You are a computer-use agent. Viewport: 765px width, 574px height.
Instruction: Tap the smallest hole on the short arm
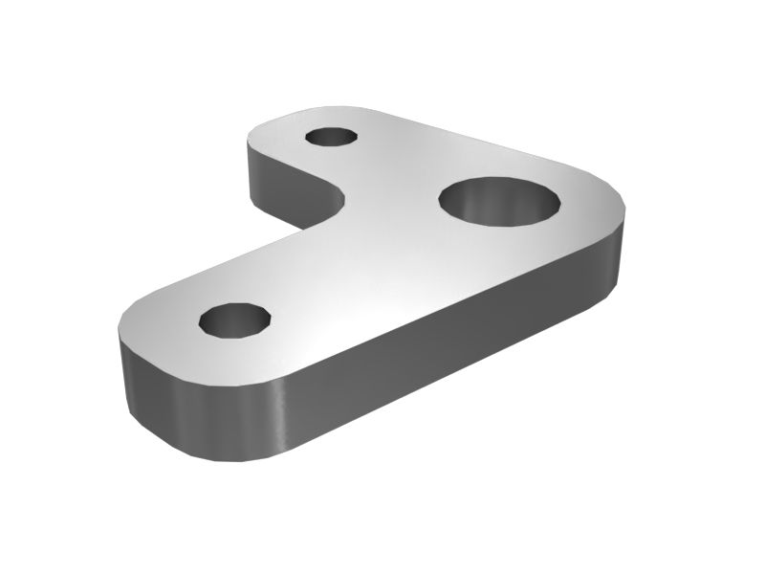click(332, 136)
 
